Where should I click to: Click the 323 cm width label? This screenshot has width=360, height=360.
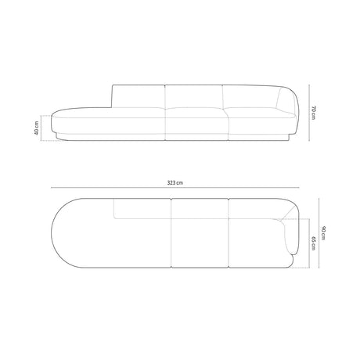coord(175,182)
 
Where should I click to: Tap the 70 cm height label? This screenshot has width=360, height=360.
coord(314,113)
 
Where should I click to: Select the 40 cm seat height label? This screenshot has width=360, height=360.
coord(36,128)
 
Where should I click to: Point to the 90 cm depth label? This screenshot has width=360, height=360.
coord(323,233)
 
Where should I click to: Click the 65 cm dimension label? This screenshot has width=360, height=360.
coord(314,243)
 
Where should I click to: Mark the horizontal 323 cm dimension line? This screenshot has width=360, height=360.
coord(175,188)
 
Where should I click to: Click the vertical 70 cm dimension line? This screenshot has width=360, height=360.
coord(309,113)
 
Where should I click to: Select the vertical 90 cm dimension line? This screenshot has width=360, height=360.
coord(319,233)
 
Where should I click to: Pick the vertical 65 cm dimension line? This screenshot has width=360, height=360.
coord(309,243)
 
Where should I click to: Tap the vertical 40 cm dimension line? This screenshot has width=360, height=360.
coord(41,128)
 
